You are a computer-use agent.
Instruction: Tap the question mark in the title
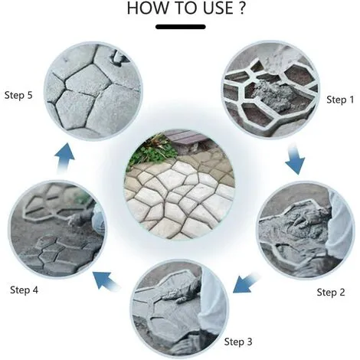pyautogui.click(x=242, y=8)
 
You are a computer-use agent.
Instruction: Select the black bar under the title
pyautogui.click(x=181, y=27)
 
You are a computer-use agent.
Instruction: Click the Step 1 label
pyautogui.click(x=340, y=100)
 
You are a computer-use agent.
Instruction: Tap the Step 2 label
pyautogui.click(x=331, y=292)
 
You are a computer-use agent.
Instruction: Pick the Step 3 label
pyautogui.click(x=238, y=342)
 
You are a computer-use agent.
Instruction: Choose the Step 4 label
pyautogui.click(x=24, y=290)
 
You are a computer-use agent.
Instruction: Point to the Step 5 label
pyautogui.click(x=18, y=95)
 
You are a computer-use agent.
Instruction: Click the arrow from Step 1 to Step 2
pyautogui.click(x=295, y=159)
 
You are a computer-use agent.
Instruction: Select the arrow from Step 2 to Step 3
pyautogui.click(x=246, y=283)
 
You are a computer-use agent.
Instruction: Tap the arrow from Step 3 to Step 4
pyautogui.click(x=106, y=281)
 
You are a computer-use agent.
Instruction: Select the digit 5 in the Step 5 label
pyautogui.click(x=30, y=95)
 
